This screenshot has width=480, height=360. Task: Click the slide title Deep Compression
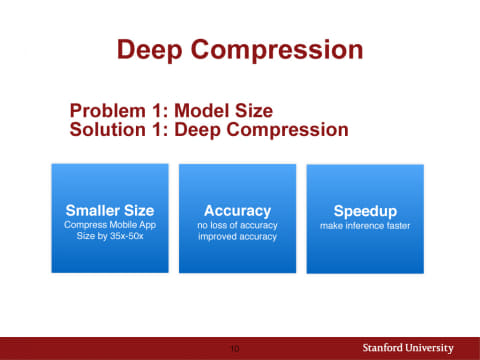(x=239, y=50)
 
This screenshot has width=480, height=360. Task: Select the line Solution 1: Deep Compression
(x=208, y=129)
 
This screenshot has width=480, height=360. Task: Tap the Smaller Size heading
(x=109, y=211)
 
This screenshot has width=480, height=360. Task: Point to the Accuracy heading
(x=237, y=211)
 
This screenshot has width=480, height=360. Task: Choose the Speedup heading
(x=365, y=212)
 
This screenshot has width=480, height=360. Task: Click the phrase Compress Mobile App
(x=109, y=226)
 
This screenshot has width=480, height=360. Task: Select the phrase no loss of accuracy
(x=237, y=226)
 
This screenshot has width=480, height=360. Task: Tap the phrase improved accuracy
(x=237, y=238)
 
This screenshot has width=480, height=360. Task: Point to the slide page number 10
(x=235, y=349)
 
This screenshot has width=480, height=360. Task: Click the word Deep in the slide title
(x=149, y=50)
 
